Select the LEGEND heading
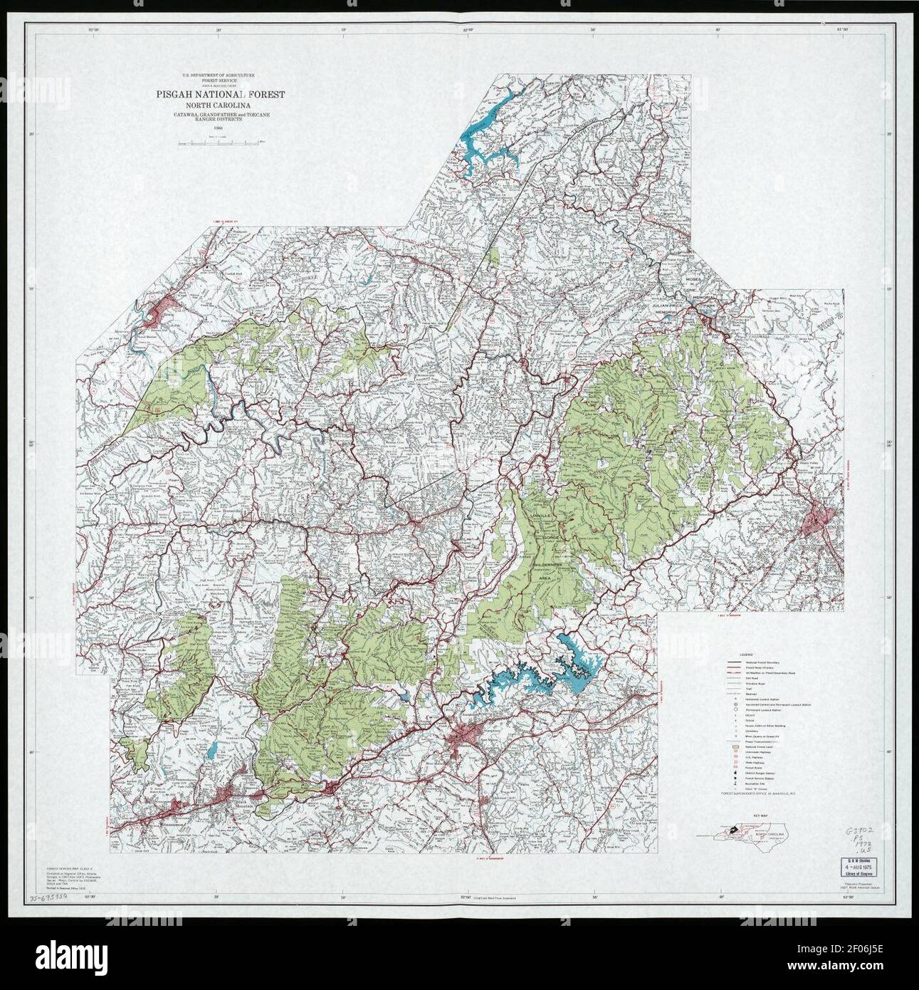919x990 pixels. (745, 653)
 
